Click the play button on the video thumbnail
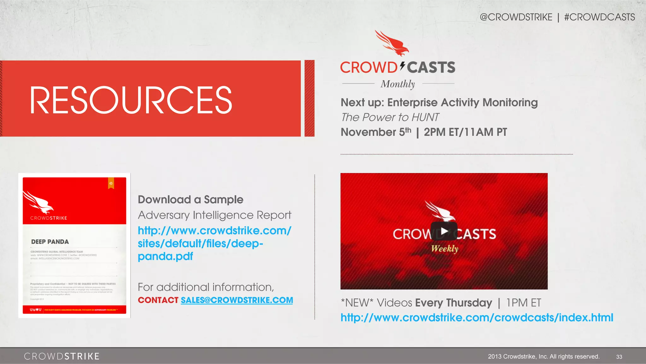coord(444,231)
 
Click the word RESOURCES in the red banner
coord(131,100)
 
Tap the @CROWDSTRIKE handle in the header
coord(516,17)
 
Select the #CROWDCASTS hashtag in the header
coord(599,17)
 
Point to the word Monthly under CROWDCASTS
coord(397,84)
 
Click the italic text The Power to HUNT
coord(390,117)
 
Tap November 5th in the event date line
coord(376,132)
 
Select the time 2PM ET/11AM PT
coord(465,132)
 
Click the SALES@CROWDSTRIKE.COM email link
coord(237,300)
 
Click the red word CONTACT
coord(158,300)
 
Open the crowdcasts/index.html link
coord(477,318)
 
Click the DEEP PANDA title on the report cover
coord(50,242)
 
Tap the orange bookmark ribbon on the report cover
coord(111,183)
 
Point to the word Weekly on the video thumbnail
coord(444,249)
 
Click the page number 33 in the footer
coord(619,357)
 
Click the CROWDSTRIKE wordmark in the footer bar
coord(62,356)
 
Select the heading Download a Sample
coord(191,200)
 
